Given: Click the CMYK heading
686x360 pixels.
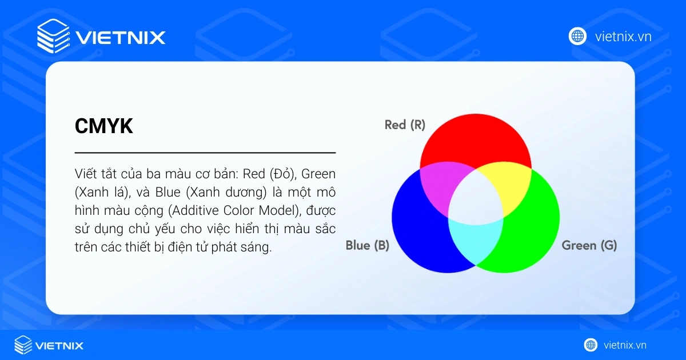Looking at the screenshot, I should point(104,126).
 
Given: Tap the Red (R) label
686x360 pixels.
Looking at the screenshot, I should point(405,125).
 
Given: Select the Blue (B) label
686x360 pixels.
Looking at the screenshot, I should point(367,246).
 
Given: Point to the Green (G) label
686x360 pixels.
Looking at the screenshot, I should point(589,246).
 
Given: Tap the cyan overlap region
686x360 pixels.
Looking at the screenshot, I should point(476,240).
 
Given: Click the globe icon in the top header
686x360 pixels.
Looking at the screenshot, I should point(577,37).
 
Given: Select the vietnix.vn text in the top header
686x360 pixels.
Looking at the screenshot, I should point(623,37).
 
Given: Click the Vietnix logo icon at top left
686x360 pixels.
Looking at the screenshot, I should point(53,37).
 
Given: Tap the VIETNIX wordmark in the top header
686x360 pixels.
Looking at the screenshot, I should point(121,38).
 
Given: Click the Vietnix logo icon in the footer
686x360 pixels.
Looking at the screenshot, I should point(23,345).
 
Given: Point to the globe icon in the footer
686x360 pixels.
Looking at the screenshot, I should point(591,345).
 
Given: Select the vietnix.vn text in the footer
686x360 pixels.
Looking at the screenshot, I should point(625,345).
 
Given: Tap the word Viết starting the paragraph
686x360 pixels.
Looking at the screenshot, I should point(85,173).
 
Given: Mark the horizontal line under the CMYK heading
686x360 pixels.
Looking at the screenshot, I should point(205,153).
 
